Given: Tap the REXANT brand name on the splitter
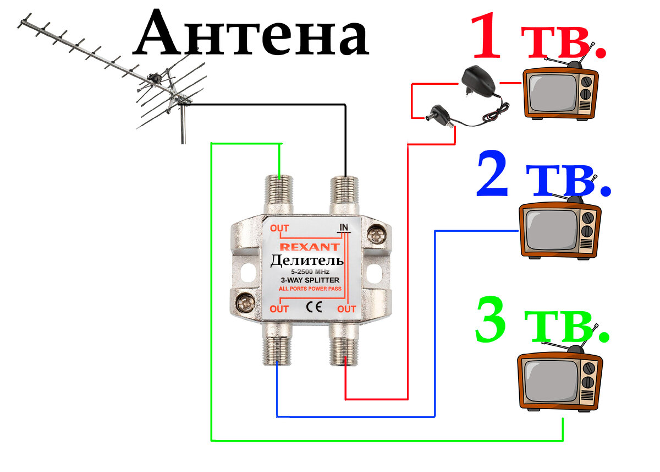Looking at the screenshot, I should coord(310,248).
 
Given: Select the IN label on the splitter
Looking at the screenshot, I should coord(344,227).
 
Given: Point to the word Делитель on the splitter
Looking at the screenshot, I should coord(307,261).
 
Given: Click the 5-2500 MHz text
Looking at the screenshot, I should coord(310,272).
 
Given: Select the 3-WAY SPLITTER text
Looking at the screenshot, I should coord(310,281).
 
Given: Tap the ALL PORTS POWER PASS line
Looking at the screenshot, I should coord(310,289).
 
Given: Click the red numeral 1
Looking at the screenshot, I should coord(487,37).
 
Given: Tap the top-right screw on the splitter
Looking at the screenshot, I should coord(377,235).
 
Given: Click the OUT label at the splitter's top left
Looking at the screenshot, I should coord(279,229).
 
